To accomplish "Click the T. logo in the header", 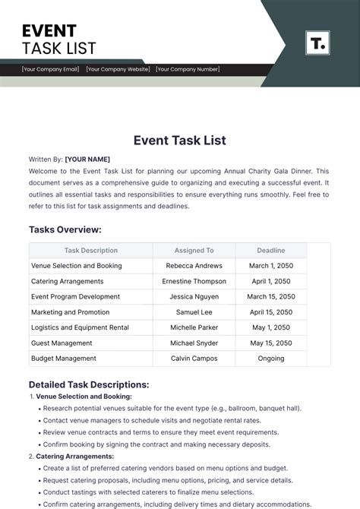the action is (x=317, y=43).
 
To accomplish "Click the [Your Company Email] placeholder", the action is (x=51, y=69).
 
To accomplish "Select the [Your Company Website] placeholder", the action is (x=118, y=69).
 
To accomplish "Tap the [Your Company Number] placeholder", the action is (x=188, y=69).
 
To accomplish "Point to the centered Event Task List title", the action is (x=180, y=140).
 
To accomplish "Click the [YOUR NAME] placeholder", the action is (x=87, y=159).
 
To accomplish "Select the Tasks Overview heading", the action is (x=65, y=229).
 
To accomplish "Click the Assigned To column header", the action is (x=194, y=250).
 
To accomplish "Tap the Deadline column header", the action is (x=270, y=250).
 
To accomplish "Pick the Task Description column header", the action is (x=91, y=250).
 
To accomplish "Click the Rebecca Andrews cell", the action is (x=194, y=266).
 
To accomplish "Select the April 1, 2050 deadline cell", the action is (x=270, y=281).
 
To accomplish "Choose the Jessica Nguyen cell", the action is (x=194, y=296).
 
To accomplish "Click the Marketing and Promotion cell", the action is (x=71, y=312).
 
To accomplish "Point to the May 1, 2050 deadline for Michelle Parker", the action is (x=270, y=327).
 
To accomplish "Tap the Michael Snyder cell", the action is (x=194, y=343).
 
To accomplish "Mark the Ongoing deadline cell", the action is (x=270, y=359).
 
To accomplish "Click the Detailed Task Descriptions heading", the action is (x=89, y=384).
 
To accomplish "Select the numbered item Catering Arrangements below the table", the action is (x=75, y=456).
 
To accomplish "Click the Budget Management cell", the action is (x=64, y=359).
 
